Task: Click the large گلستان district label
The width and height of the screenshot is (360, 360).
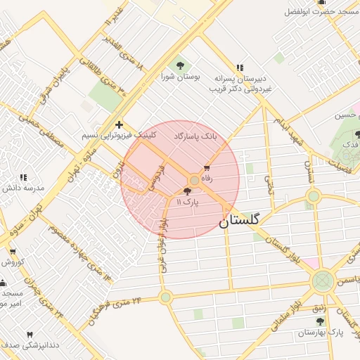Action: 239,220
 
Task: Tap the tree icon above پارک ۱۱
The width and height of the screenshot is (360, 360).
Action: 187,191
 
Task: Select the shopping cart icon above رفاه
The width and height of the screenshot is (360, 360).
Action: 206,168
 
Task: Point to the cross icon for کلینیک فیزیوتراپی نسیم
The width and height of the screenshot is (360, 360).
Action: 119,124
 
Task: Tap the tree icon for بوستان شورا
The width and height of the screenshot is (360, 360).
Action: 178,65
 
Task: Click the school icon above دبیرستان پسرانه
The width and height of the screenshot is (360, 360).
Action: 240,68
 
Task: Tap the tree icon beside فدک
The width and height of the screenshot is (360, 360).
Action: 357,134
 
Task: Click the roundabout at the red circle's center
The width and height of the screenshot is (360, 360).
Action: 195,181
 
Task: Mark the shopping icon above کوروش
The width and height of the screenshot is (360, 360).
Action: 12,251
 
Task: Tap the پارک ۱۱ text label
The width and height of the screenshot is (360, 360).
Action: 188,202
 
